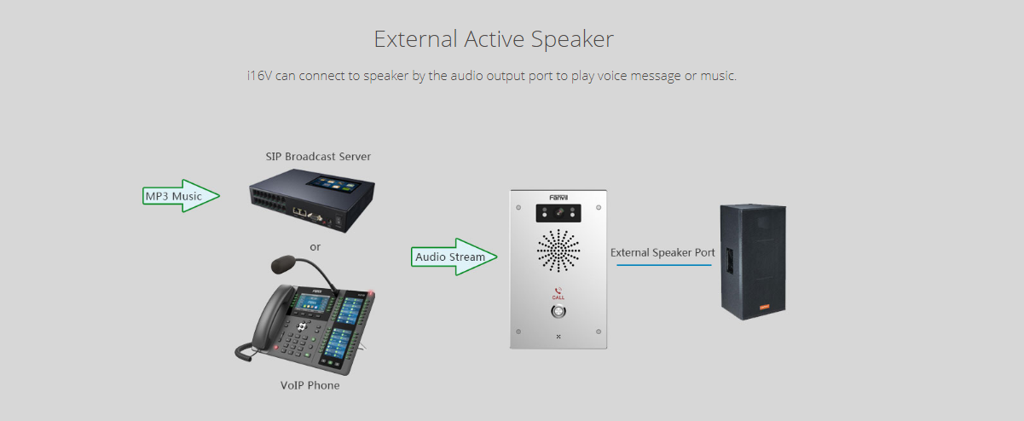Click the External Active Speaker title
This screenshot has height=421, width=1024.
click(494, 39)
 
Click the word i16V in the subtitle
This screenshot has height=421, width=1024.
click(259, 76)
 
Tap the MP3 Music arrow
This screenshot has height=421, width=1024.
click(181, 196)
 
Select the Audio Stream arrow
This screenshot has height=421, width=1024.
click(454, 257)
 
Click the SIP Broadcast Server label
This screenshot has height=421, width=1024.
click(318, 156)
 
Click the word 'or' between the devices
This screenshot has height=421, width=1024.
click(315, 247)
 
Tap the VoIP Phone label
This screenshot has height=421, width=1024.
click(310, 385)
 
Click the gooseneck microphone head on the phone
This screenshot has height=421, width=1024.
click(283, 263)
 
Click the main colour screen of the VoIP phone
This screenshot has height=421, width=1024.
click(313, 303)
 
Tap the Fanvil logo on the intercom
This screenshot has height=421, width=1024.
click(558, 198)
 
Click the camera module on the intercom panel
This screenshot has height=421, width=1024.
click(558, 213)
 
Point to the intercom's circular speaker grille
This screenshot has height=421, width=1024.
click(558, 251)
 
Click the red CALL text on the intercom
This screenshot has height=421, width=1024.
click(558, 297)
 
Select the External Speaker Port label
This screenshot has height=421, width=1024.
click(662, 252)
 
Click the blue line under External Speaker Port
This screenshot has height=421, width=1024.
click(664, 265)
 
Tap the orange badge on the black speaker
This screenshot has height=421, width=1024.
click(764, 307)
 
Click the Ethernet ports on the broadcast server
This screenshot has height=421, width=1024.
click(300, 211)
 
